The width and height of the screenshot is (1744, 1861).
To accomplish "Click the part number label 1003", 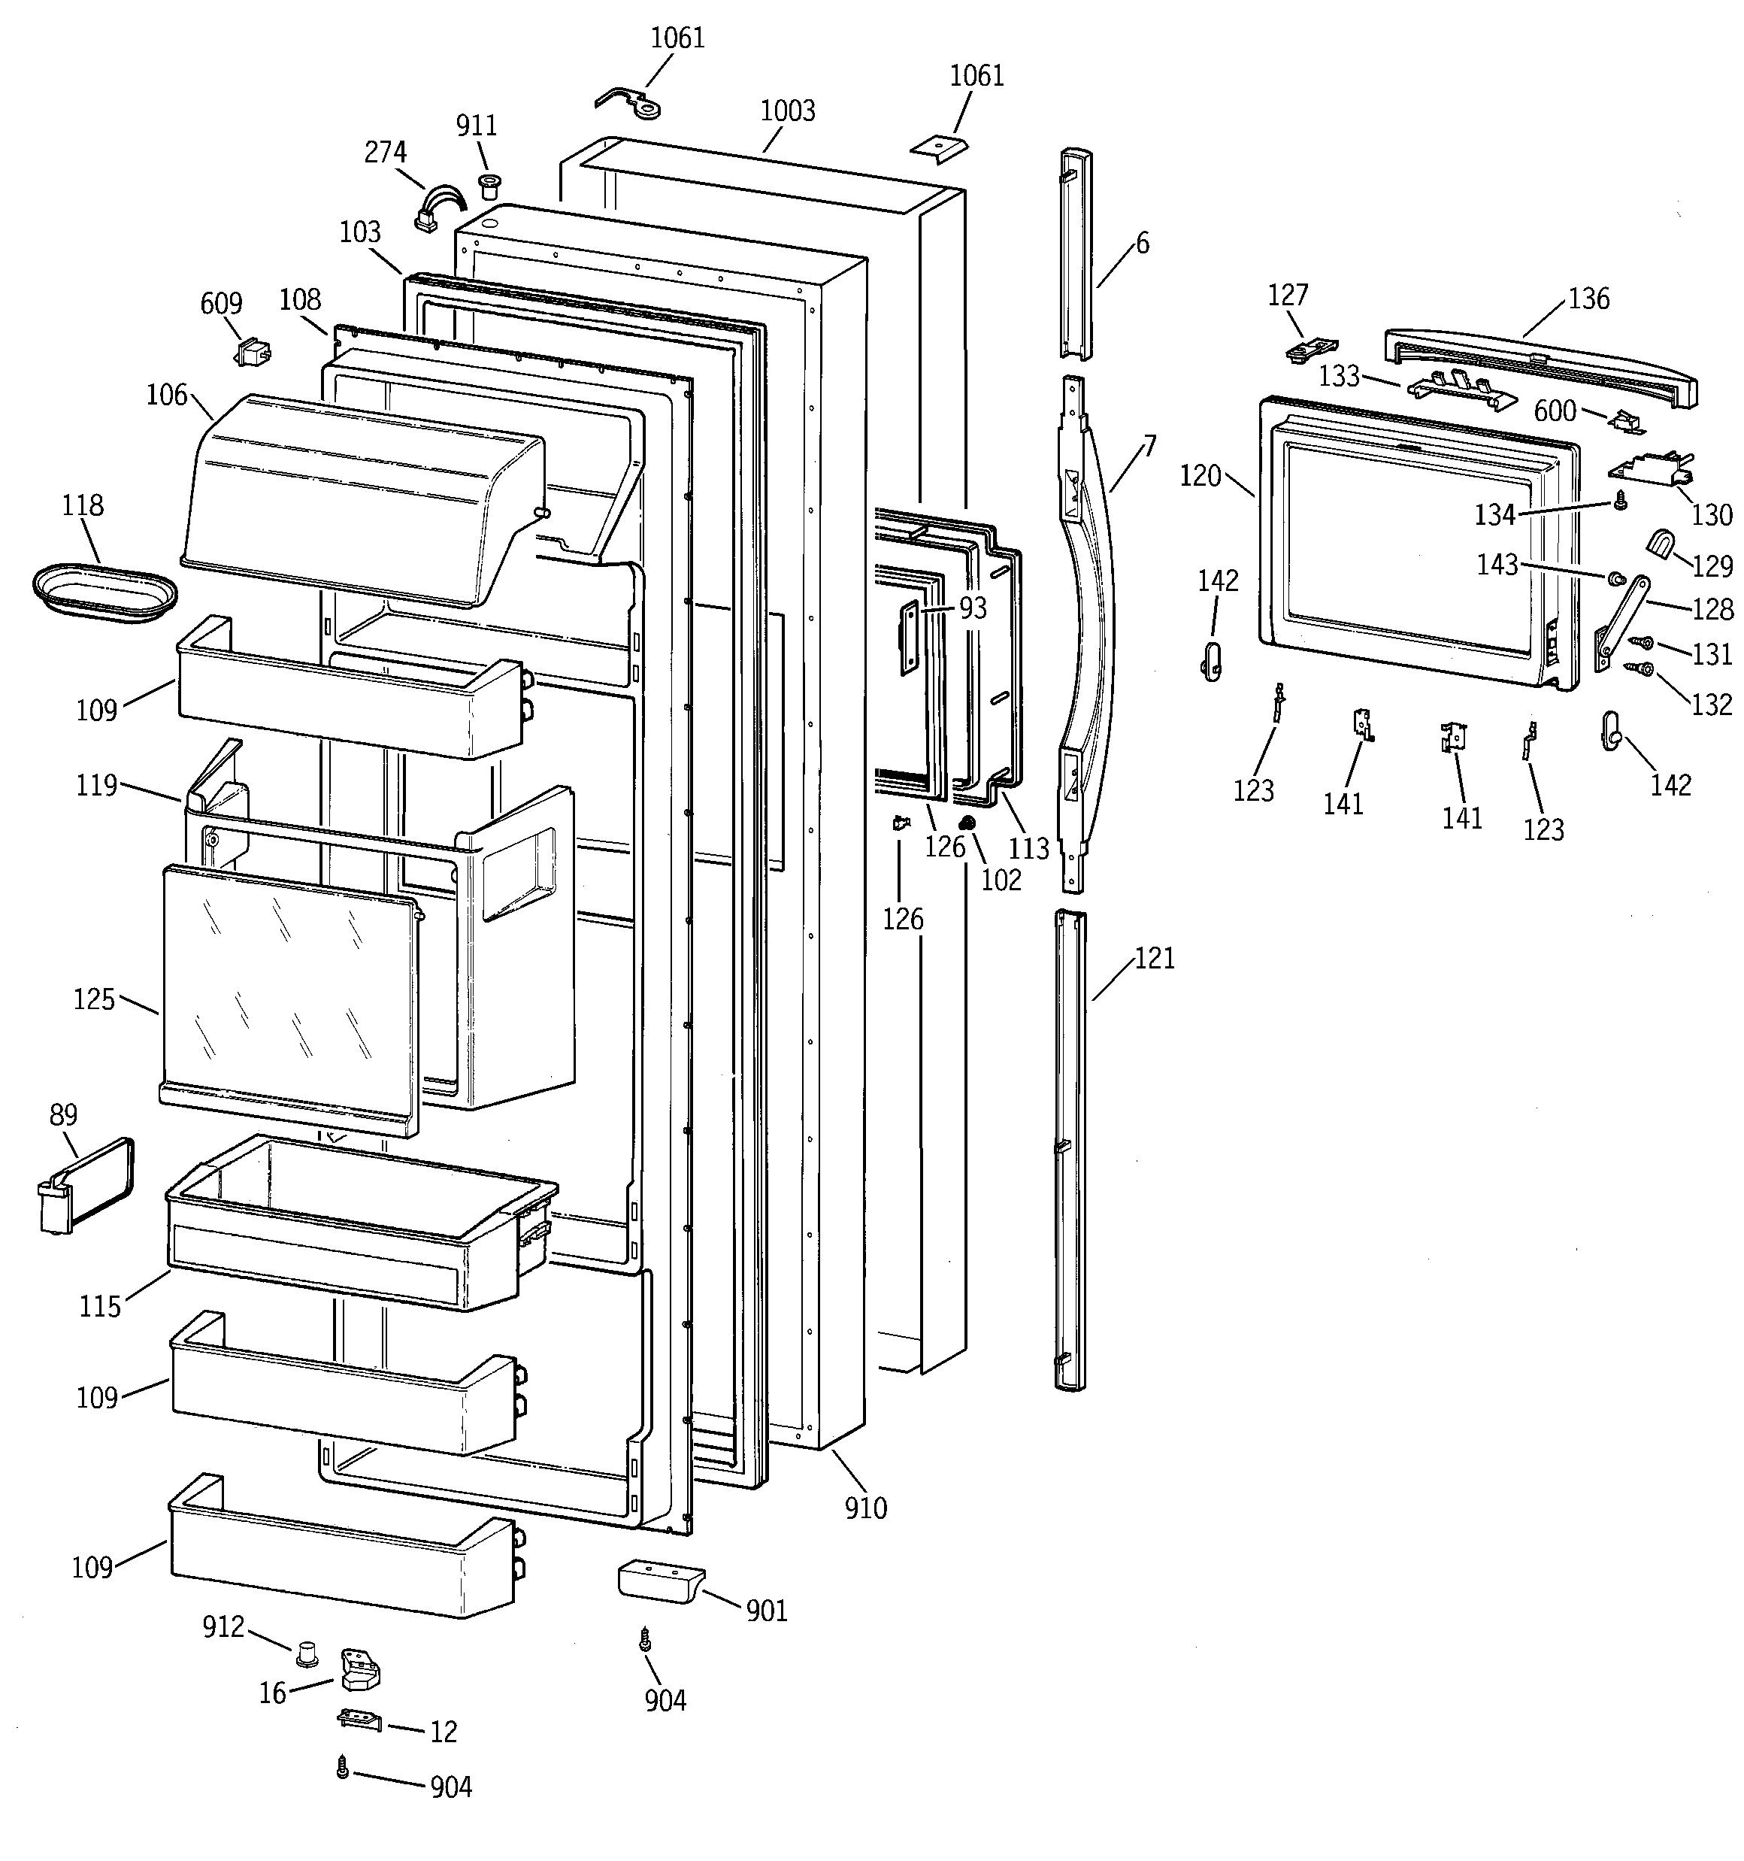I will tap(787, 111).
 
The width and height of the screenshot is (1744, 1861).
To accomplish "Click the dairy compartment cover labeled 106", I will tap(360, 496).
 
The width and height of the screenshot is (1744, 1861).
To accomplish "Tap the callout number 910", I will tap(865, 1508).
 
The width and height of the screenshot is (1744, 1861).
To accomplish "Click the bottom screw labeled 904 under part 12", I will tap(343, 1768).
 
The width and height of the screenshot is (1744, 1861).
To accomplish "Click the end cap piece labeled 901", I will tap(659, 1581).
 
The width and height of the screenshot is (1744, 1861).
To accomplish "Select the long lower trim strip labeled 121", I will tap(1070, 1151).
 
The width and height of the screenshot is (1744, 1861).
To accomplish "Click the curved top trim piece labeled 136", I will tap(1540, 367).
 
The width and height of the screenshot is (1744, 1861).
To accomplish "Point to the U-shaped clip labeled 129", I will tap(1661, 544).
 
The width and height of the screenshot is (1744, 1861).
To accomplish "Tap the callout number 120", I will tap(1200, 477).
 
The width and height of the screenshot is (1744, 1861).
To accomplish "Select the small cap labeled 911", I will tap(487, 183).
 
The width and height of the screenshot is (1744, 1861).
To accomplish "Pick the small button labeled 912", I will tap(305, 1654).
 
